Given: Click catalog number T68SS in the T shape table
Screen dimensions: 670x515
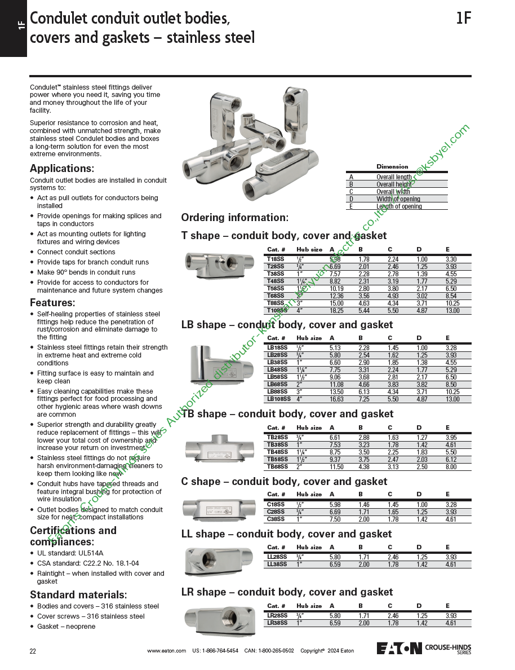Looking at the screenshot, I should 276,296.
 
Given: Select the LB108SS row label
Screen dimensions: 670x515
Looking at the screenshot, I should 279,399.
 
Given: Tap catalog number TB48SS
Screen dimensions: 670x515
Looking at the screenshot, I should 277,452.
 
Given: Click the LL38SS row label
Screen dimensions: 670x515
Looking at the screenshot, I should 277,564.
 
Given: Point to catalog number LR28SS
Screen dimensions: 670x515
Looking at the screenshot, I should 277,615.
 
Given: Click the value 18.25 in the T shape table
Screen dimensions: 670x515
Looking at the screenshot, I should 336,310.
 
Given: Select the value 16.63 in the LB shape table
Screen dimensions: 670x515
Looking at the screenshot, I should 336,399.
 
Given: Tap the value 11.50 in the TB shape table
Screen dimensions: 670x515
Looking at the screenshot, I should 336,466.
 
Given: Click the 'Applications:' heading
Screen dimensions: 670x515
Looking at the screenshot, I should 62,169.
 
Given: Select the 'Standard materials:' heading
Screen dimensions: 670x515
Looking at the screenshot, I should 78,595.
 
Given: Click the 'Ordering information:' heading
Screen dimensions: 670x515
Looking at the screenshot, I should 234,218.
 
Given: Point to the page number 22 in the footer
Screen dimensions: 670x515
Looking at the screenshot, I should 33,651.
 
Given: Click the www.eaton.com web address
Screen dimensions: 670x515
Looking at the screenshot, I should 166,651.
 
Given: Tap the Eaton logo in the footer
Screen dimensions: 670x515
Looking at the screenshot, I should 399,648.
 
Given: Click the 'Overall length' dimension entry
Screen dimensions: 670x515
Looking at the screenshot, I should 394,177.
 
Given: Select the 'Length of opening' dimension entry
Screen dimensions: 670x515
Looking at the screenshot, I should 399,206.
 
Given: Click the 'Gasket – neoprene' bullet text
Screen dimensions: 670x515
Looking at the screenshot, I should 66,627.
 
